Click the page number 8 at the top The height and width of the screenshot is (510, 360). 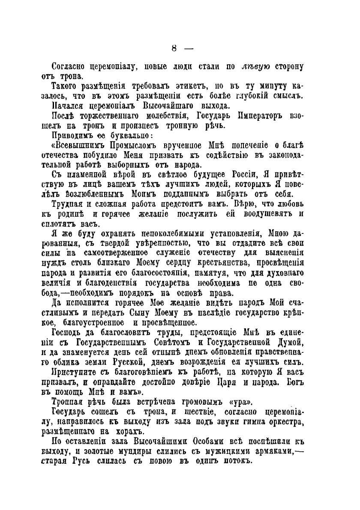tap(174, 48)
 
